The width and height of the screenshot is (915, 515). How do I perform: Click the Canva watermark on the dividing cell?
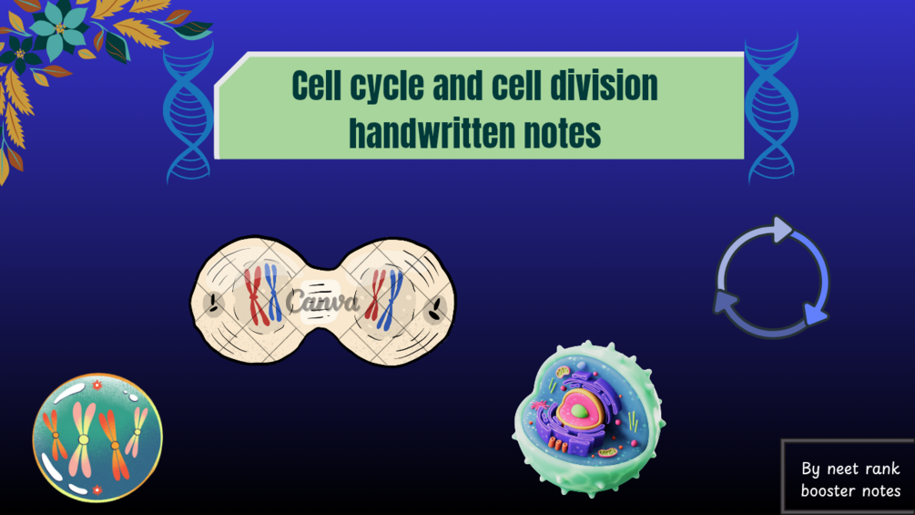point(321,302)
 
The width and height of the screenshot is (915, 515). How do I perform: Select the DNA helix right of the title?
point(771,108)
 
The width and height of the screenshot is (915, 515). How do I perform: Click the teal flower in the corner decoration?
point(58,30)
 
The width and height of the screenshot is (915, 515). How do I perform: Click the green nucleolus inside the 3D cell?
point(579,412)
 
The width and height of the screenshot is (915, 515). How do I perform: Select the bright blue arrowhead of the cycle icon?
point(815,314)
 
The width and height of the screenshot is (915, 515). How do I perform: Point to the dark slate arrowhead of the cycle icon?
point(725,302)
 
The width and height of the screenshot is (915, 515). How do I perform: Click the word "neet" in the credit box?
point(842,469)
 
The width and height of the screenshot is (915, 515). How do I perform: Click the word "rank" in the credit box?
point(881,469)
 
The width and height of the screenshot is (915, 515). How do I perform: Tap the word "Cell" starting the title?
point(316,86)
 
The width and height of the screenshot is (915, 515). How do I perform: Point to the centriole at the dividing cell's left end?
point(214,303)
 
